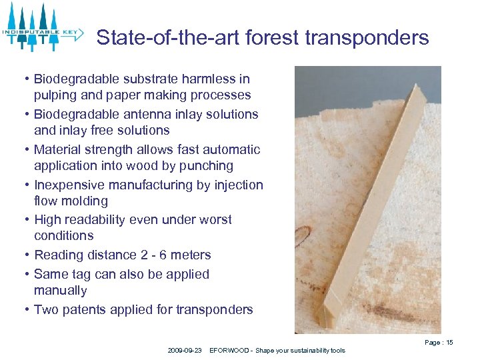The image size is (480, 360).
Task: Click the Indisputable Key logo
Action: (x=42, y=28)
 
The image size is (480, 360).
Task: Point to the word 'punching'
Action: (x=205, y=165)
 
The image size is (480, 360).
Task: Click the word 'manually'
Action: (x=61, y=291)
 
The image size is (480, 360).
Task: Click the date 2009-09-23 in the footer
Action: (x=185, y=350)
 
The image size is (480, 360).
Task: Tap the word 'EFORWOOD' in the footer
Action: (x=229, y=350)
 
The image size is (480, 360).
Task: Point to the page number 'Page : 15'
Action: (x=438, y=342)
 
